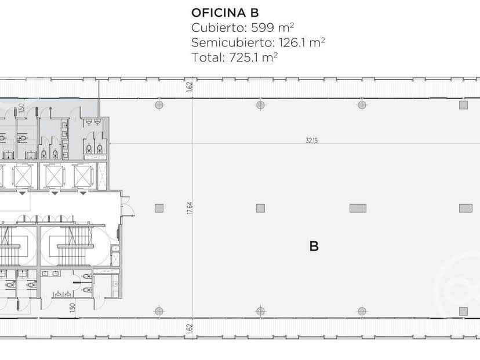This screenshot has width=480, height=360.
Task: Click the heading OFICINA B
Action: (x=225, y=13)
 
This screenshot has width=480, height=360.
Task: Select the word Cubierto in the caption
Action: (x=217, y=28)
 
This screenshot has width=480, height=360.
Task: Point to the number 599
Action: (x=263, y=28)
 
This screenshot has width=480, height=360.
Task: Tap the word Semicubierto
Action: (x=232, y=42)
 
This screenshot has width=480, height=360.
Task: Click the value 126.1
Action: (x=292, y=42)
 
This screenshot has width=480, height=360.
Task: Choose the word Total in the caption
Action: (x=207, y=57)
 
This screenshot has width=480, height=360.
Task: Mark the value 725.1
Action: (x=243, y=57)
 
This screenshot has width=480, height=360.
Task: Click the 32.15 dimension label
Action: (x=312, y=140)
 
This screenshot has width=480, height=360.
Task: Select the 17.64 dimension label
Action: (x=190, y=208)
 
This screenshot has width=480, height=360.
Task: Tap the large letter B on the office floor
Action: (x=314, y=246)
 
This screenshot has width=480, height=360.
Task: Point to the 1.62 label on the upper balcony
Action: (x=190, y=86)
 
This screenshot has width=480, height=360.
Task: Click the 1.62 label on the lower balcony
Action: (x=190, y=329)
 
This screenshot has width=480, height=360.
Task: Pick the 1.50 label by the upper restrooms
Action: (x=21, y=108)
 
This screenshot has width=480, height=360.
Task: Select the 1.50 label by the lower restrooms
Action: (x=72, y=308)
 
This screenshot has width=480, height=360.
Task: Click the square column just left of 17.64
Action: (x=159, y=209)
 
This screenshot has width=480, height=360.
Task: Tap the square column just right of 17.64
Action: (x=260, y=209)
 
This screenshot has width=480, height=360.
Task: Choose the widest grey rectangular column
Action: (x=358, y=209)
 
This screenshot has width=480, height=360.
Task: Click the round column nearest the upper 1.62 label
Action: (x=159, y=105)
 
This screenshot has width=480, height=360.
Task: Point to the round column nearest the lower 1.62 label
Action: (x=159, y=311)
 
